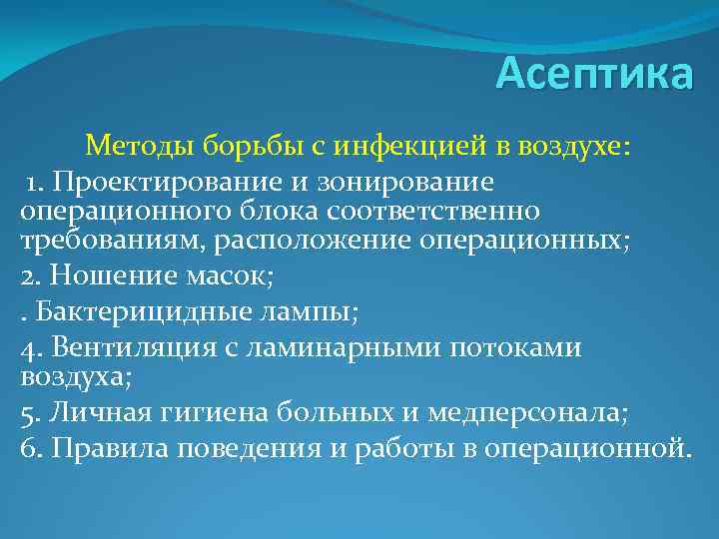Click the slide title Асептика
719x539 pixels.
(x=593, y=75)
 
